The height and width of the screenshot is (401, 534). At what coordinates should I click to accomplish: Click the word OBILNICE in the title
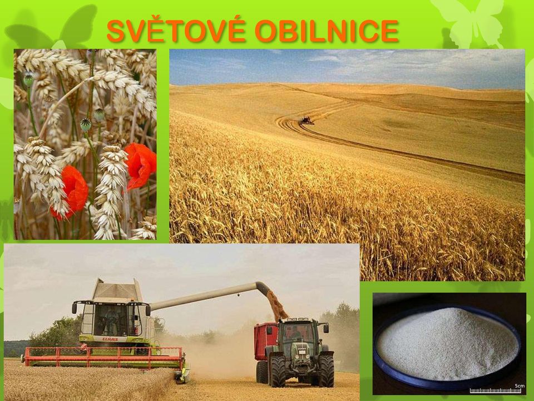click(327, 31)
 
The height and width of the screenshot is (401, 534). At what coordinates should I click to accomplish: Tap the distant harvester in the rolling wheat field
click(306, 120)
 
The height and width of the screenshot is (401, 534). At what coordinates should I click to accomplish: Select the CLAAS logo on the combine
click(110, 339)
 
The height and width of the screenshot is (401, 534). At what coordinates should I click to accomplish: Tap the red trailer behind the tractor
click(266, 341)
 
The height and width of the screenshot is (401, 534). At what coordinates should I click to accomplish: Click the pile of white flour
click(447, 343)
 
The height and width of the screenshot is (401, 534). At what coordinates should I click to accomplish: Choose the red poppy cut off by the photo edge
click(141, 165)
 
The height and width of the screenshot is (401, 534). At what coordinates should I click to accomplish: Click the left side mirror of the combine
click(74, 307)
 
